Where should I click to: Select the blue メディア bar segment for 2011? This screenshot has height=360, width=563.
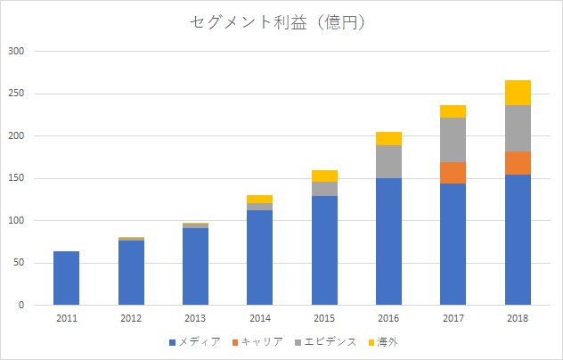click(66, 278)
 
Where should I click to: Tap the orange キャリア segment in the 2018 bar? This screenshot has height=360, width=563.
click(518, 163)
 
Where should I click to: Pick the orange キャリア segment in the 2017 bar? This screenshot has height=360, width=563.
click(453, 173)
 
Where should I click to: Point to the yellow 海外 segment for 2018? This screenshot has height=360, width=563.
click(518, 93)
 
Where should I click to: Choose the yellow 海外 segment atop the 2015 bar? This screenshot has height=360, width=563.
click(324, 176)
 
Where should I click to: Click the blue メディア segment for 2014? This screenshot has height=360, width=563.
click(259, 258)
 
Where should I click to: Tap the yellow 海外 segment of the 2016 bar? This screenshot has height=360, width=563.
click(388, 139)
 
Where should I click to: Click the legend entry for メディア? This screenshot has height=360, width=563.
click(194, 342)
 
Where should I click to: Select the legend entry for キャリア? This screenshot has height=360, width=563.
click(257, 342)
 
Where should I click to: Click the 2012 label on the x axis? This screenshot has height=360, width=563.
click(131, 317)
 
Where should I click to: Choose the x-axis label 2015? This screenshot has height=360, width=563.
click(324, 317)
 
